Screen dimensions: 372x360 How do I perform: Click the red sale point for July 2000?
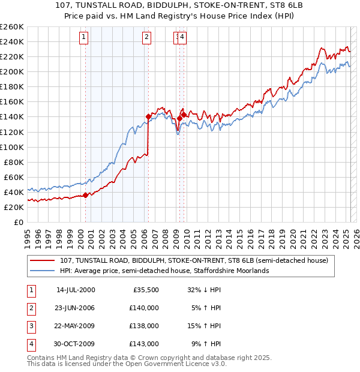[x=86, y=194]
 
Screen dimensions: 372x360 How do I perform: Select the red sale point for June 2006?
[x=148, y=116]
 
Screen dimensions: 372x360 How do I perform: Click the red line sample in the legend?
[x=42, y=261]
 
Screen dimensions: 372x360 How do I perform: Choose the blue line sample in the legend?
[x=42, y=271]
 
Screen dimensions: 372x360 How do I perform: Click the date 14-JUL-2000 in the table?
[x=76, y=290]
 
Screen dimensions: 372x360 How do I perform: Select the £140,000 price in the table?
[x=145, y=308]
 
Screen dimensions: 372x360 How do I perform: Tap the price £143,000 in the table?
[x=145, y=344]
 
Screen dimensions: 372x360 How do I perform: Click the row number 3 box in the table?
[x=29, y=326]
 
